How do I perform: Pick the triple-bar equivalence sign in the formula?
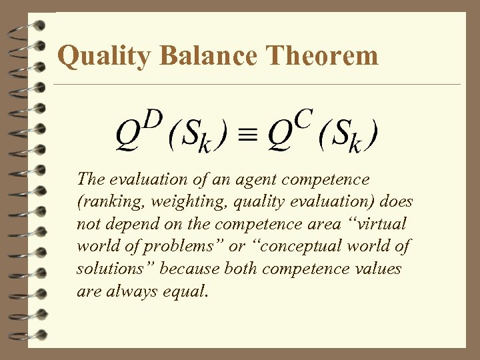[x=249, y=135]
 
